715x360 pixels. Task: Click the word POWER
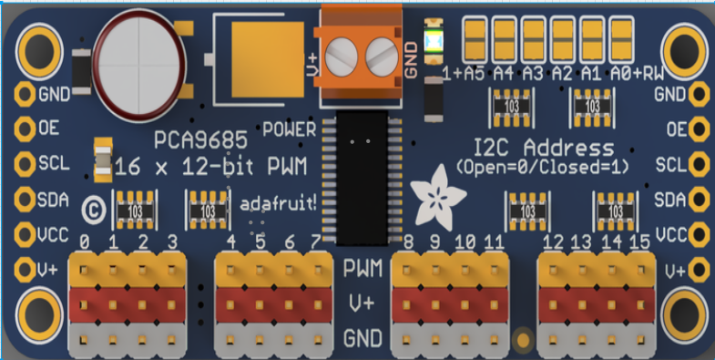coord(289,129)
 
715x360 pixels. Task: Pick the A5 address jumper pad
coord(475,39)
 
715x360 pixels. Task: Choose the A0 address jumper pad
coord(622,39)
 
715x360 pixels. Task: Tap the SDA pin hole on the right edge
coord(699,199)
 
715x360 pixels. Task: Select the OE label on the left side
coord(49,129)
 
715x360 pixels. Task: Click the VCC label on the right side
coord(669,233)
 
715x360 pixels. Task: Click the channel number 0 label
coord(85,242)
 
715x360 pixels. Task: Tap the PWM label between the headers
coord(363,269)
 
